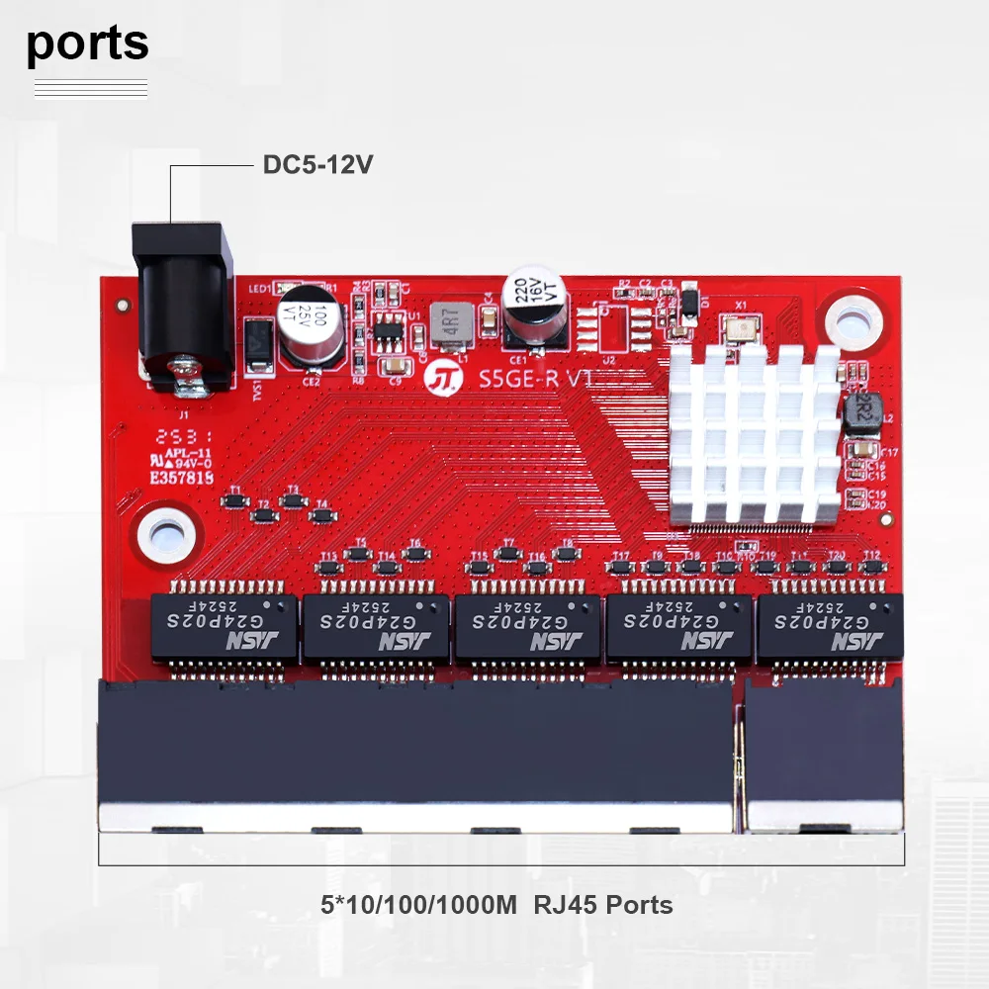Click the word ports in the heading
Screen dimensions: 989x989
[88, 44]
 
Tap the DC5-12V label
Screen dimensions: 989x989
[317, 164]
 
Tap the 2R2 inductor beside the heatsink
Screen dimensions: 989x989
[860, 412]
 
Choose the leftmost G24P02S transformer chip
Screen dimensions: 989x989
[224, 628]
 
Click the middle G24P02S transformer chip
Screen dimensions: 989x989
[526, 628]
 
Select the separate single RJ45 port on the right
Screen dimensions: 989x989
[823, 752]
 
